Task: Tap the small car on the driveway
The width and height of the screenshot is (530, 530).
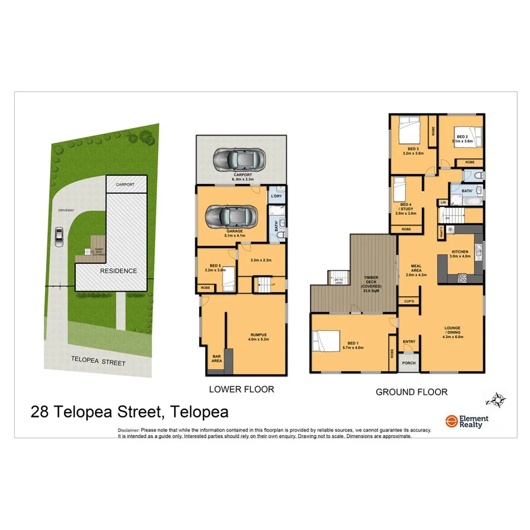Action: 59,237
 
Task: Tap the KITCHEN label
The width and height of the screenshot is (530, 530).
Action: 459,252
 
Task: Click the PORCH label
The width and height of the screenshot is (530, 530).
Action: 408,363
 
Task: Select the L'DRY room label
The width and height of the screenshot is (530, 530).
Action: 276,196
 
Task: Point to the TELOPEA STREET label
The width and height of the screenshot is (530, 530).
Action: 98,362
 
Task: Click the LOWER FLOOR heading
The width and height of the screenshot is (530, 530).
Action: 241,390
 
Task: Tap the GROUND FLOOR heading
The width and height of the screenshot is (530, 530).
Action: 411,391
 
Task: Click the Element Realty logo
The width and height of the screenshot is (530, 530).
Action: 466,421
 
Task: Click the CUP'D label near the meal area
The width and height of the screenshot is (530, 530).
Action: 408,301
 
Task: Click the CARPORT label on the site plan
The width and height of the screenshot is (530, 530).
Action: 125,185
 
